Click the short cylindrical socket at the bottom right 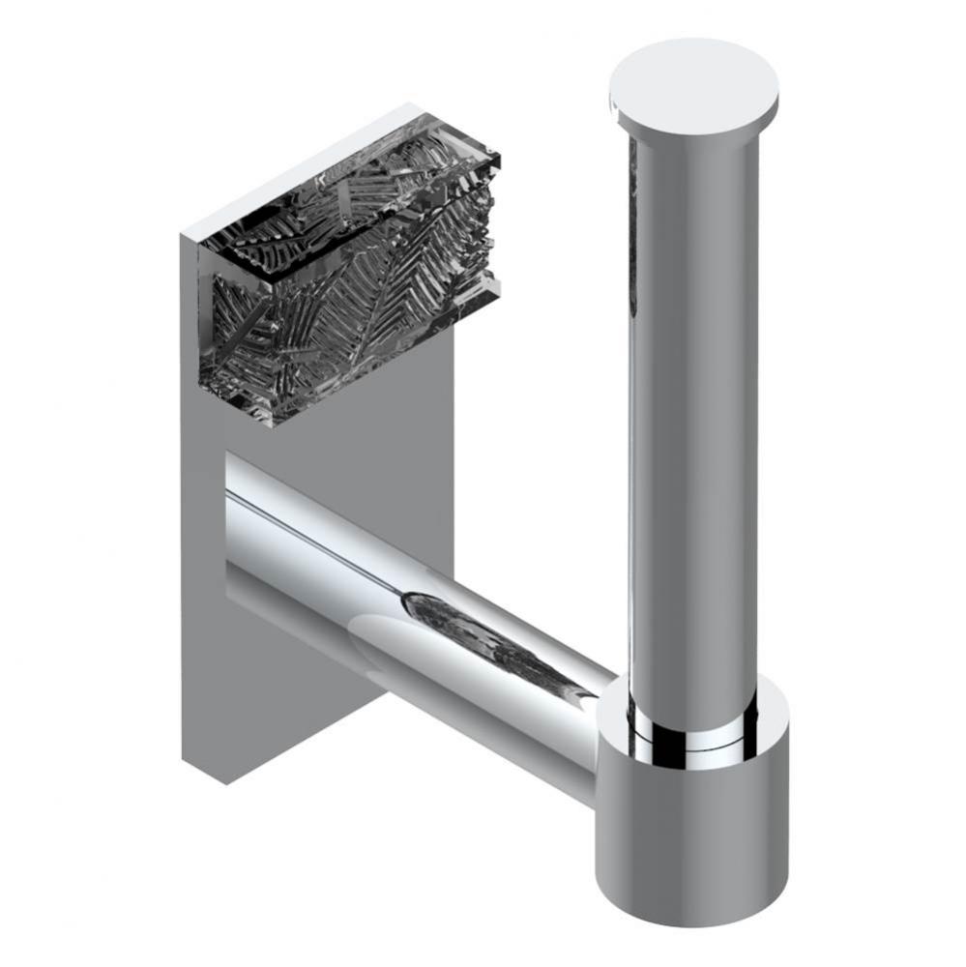[x=692, y=822]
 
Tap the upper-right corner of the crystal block [x=498, y=155]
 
